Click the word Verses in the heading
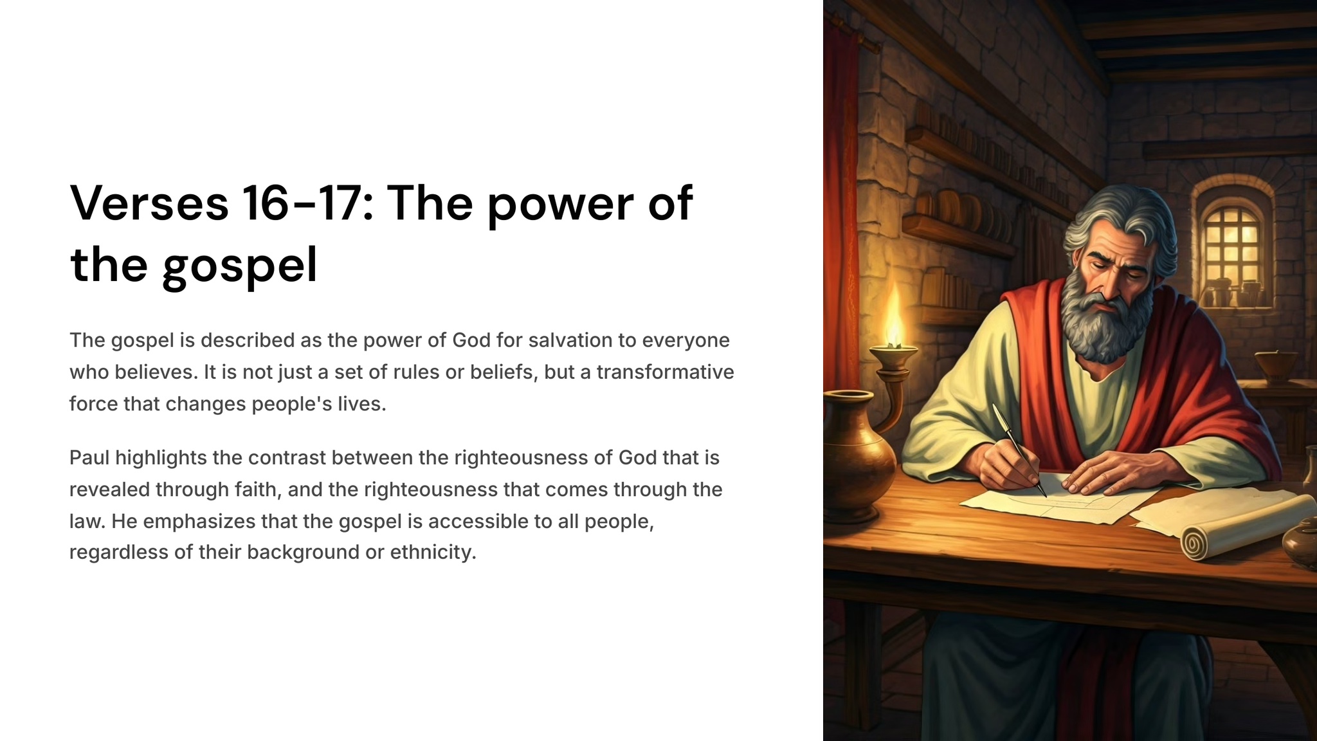coord(149,203)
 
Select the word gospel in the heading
coord(240,265)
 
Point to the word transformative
coord(665,372)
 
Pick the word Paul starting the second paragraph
coord(89,457)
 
